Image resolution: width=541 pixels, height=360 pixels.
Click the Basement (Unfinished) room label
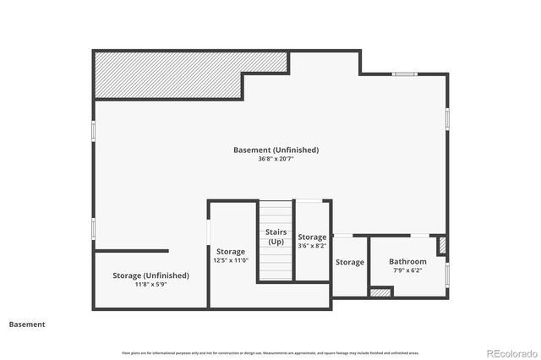coord(276,150)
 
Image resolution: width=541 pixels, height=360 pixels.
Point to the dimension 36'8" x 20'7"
coord(276,159)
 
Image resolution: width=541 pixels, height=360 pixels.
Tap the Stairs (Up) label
coord(276,237)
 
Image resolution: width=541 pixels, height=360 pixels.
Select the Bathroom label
coord(408,262)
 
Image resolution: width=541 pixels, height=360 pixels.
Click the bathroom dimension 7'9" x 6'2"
coord(408,271)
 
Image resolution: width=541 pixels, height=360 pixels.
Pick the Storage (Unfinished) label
coord(150,275)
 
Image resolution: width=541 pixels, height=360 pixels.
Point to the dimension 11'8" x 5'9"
coord(150,285)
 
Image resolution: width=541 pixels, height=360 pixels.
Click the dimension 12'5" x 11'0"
coord(230,261)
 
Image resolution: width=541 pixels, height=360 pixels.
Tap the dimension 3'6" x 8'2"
coord(311,247)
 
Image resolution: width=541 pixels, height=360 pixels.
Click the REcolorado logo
coord(508,352)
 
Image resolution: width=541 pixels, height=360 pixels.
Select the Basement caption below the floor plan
coord(27,324)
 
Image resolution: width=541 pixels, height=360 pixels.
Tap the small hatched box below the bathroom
coord(380,292)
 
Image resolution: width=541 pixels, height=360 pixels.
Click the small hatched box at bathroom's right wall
coord(441,245)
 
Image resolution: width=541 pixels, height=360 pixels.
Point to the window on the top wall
coord(404,74)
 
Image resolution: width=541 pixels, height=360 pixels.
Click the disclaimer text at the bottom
coord(270,352)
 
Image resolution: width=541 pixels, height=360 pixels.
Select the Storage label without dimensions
coord(349,262)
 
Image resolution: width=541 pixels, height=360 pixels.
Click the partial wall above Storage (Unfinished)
coord(131,251)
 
